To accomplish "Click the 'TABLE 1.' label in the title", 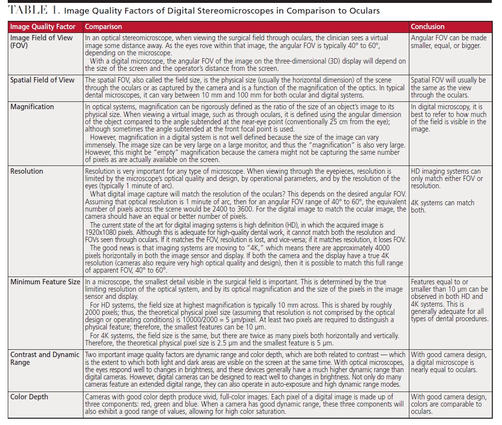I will click(32, 9).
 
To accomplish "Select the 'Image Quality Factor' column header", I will click(45, 27).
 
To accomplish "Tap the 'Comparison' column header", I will click(103, 27).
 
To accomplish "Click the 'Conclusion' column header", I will click(427, 27).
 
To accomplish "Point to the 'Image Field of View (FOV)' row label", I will click(41, 42).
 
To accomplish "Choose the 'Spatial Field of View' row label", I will click(43, 80).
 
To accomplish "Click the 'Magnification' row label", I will click(32, 107).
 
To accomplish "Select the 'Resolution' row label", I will click(27, 171).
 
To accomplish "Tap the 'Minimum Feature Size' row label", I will click(45, 282).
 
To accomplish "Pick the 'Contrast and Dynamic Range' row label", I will click(45, 359).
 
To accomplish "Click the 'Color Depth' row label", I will click(30, 397).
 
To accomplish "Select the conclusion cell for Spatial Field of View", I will click(448, 87).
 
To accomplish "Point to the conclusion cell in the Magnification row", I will click(448, 118).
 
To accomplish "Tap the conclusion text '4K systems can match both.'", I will click(442, 206).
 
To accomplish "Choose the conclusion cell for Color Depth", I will click(448, 404).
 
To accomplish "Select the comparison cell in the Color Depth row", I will click(245, 404).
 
